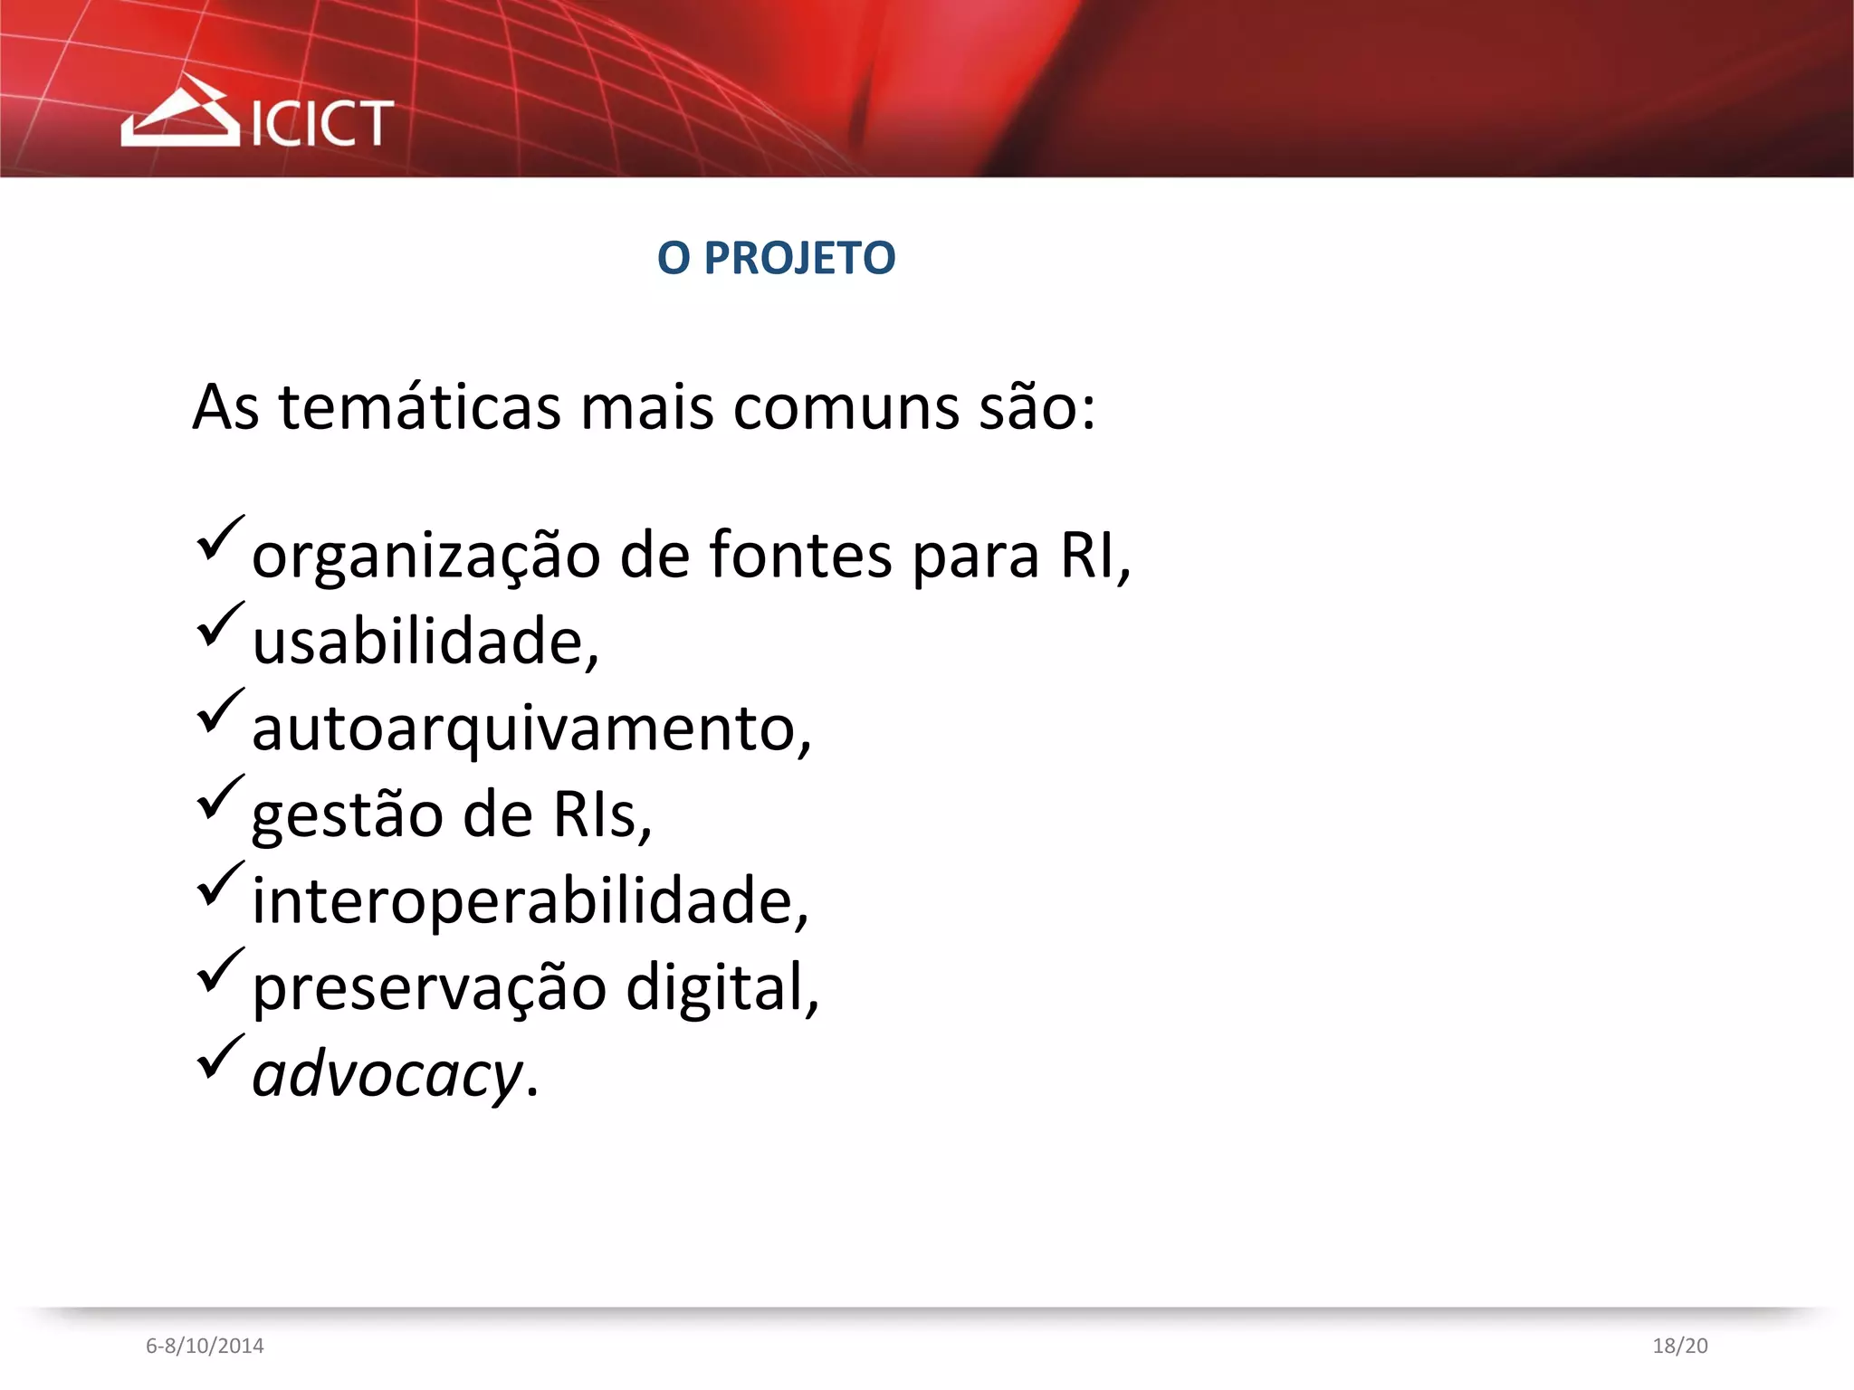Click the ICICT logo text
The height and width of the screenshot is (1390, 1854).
pyautogui.click(x=321, y=123)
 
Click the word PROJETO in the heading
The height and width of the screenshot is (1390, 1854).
pyautogui.click(x=799, y=259)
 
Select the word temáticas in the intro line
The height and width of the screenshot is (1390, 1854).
pyautogui.click(x=419, y=407)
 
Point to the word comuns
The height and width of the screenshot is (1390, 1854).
pyautogui.click(x=846, y=407)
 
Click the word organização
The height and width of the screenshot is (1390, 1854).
pyautogui.click(x=425, y=556)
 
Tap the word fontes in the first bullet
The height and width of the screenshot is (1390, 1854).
pyautogui.click(x=800, y=554)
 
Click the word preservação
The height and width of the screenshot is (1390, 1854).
pyautogui.click(x=429, y=988)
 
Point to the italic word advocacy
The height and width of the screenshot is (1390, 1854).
pyautogui.click(x=387, y=1075)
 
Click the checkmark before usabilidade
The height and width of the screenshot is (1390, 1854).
pyautogui.click(x=219, y=624)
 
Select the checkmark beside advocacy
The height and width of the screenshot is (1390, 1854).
pyautogui.click(x=219, y=1056)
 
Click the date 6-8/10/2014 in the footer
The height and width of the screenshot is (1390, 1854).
pyautogui.click(x=205, y=1346)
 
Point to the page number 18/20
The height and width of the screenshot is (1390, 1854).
pyautogui.click(x=1679, y=1346)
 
